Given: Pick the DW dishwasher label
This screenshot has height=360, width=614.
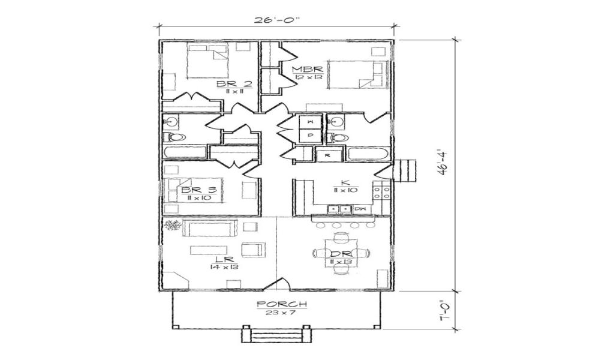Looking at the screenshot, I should tap(360, 209).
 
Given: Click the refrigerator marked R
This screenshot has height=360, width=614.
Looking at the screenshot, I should tap(327, 155).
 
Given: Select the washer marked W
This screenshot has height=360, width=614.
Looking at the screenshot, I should tap(311, 122).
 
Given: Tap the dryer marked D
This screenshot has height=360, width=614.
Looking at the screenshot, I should tap(311, 136).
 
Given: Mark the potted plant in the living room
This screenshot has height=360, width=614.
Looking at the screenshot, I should tap(173, 226).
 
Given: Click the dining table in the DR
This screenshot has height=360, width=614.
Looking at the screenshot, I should tap(340, 254).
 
